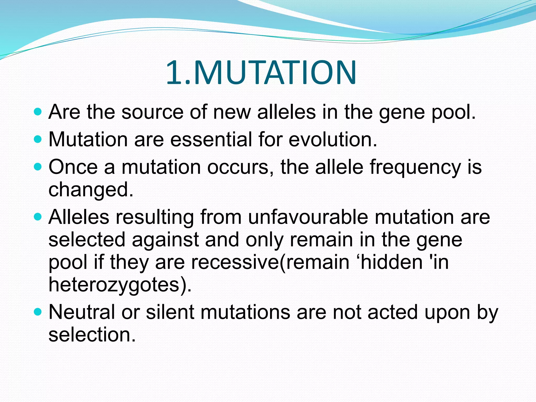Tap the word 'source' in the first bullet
coord(153,112)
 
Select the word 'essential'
coord(211,139)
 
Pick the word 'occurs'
coord(238,167)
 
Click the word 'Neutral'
coord(82,312)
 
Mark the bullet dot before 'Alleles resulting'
coord(38,217)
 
